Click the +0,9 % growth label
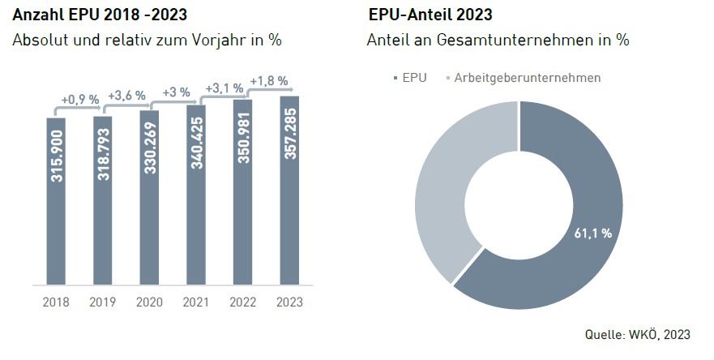[79, 100]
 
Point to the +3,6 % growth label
[126, 95]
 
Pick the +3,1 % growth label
[224, 88]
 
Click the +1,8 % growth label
[267, 81]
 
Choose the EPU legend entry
[410, 78]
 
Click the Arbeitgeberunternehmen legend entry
[523, 78]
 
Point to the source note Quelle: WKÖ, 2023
[638, 334]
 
